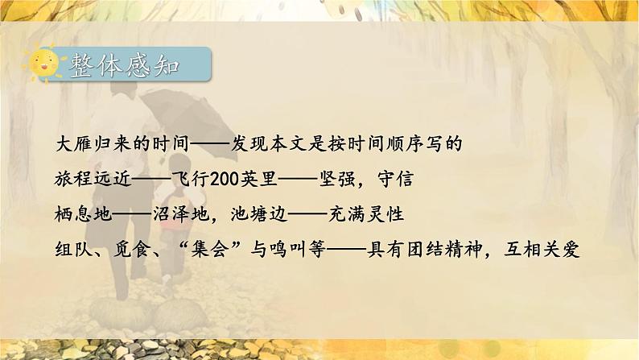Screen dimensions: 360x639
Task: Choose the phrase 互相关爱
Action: point(547,250)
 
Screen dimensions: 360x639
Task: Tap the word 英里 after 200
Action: point(250,180)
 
